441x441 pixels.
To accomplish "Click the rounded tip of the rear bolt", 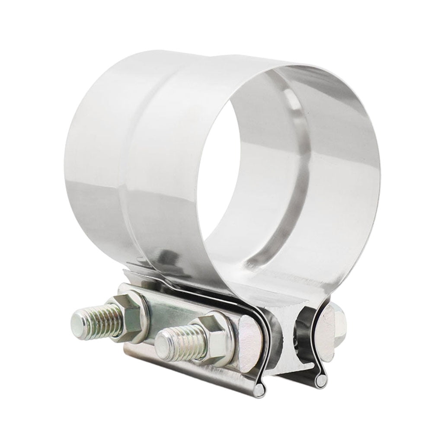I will point(78,320).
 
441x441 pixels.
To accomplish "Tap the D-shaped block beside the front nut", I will point(249,342).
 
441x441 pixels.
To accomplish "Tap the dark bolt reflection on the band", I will point(166,259).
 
